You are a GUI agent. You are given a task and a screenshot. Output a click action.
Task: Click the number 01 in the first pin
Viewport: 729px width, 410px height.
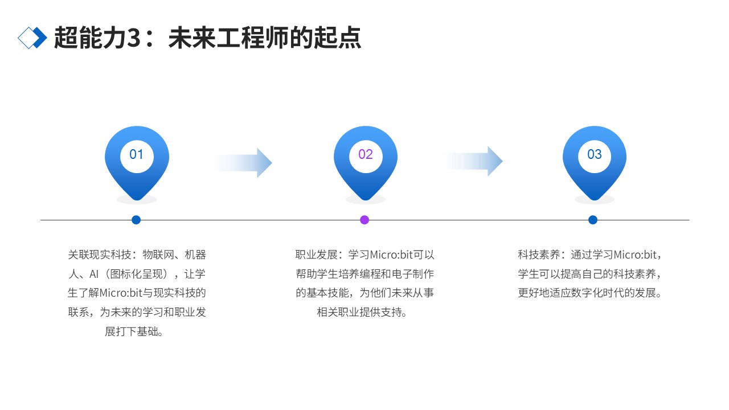coord(137,154)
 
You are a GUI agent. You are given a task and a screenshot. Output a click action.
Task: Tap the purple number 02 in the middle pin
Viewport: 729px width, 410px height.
coord(366,154)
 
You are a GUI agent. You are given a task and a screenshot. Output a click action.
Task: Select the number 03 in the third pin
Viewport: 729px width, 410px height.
coord(595,154)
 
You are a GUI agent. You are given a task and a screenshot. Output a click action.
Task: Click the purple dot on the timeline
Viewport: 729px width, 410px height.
coord(364,220)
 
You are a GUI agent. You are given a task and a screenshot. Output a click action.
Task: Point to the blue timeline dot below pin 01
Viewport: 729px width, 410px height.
coord(136,220)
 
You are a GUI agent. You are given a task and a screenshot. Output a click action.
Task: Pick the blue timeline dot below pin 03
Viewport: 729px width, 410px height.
coord(593,220)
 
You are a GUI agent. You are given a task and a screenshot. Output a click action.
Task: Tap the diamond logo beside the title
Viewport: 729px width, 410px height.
coord(32,38)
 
